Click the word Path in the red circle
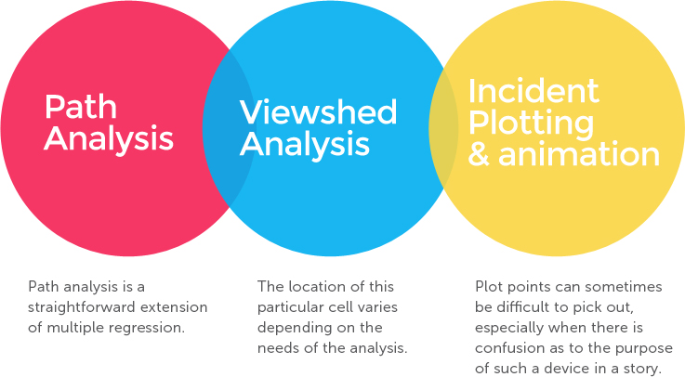click(x=81, y=107)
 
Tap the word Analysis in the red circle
click(x=109, y=138)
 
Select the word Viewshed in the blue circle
click(x=318, y=112)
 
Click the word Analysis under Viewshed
click(x=305, y=145)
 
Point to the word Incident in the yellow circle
click(x=534, y=91)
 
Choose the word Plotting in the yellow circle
click(x=532, y=123)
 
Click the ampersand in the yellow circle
click(x=479, y=154)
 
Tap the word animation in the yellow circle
click(x=579, y=154)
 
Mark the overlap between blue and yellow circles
click(x=443, y=129)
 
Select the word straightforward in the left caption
click(x=82, y=307)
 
